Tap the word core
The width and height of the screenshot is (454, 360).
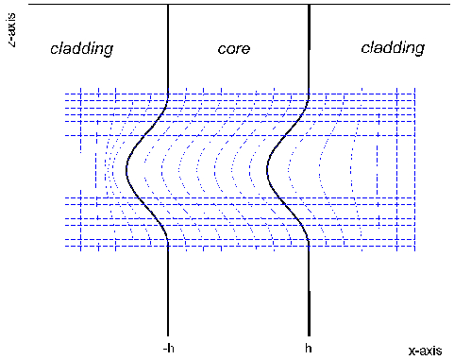click(233, 48)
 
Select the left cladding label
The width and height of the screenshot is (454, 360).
click(81, 48)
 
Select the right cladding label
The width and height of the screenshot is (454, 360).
click(393, 47)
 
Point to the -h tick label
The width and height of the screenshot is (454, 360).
click(166, 348)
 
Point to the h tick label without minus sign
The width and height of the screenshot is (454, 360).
click(309, 348)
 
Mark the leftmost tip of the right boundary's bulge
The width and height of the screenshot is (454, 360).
click(268, 171)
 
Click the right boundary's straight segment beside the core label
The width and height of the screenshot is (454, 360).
click(310, 47)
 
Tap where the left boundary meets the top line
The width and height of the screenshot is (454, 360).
click(167, 5)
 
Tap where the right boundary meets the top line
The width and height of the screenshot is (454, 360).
click(310, 5)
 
